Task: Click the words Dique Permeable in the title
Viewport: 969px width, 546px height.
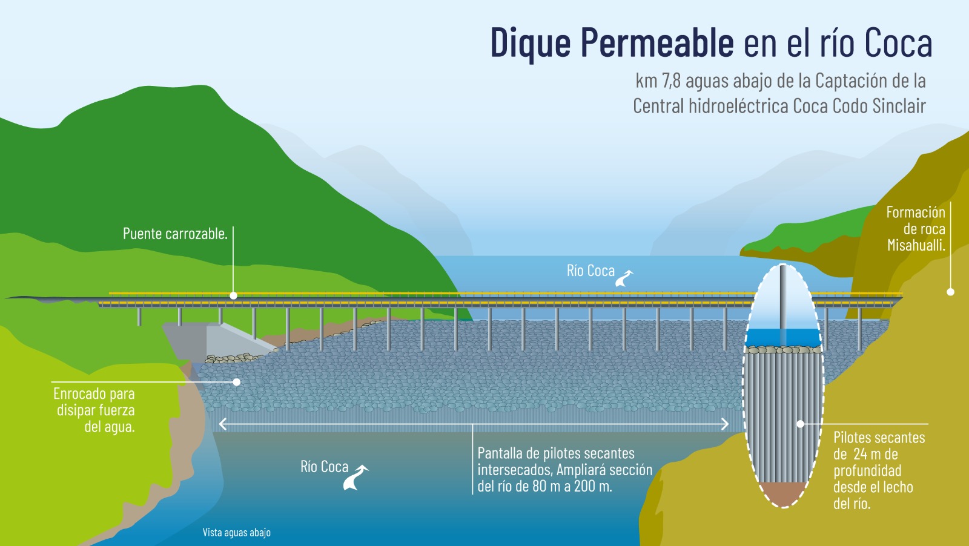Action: click(x=612, y=42)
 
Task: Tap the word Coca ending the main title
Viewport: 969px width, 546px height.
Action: click(x=899, y=42)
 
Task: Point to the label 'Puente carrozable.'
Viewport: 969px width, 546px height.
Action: click(x=175, y=234)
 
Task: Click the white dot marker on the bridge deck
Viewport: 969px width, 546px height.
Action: click(x=234, y=295)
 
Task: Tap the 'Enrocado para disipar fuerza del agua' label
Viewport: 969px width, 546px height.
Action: click(x=94, y=410)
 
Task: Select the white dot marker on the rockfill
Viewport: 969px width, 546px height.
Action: click(x=237, y=382)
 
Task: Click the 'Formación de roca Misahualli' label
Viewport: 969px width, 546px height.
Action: click(x=916, y=229)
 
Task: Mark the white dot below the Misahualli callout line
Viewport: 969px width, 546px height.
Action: click(x=950, y=292)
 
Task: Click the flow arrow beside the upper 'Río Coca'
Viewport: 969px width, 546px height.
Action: click(x=624, y=278)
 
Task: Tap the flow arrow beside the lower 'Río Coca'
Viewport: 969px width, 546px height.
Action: click(x=356, y=478)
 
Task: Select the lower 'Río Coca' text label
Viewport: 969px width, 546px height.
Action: click(x=325, y=467)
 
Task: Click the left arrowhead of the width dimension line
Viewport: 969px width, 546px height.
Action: click(x=223, y=424)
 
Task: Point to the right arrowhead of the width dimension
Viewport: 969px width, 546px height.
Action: click(x=725, y=424)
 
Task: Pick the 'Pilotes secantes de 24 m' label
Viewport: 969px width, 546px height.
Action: click(x=879, y=446)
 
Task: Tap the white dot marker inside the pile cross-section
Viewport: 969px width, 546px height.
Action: click(x=801, y=424)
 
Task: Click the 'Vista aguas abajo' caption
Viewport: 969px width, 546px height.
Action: click(x=237, y=533)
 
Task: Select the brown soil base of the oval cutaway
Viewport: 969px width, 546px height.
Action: click(x=784, y=494)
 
